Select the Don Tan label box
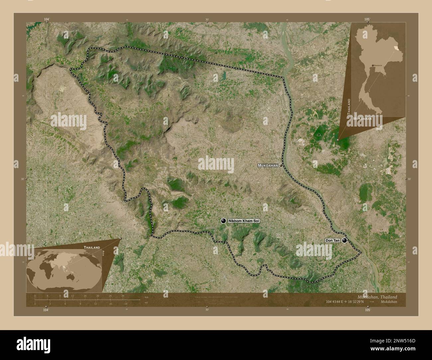pos(332,240)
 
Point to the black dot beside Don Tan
pos(345,240)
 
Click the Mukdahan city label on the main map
pos(268,165)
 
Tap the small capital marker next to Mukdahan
pos(281,165)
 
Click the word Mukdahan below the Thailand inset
pos(363,118)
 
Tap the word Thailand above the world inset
pos(92,247)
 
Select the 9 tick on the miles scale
pos(80,304)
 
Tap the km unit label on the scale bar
pos(147,297)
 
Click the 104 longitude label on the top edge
pos(47,20)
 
